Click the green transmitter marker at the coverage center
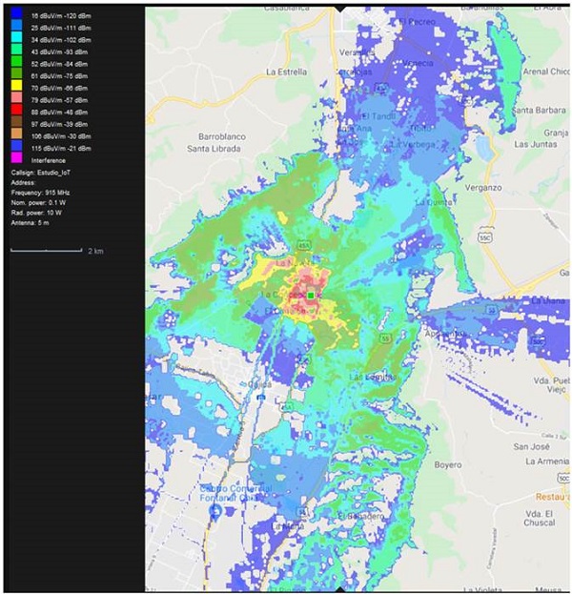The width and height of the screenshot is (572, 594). tap(311, 297)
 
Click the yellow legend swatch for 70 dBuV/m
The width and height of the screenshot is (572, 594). tap(17, 85)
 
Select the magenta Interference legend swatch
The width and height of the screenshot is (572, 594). tap(17, 160)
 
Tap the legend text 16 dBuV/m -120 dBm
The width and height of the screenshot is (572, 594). tap(61, 16)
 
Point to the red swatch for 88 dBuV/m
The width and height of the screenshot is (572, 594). tap(17, 110)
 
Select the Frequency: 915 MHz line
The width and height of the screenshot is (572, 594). tap(46, 192)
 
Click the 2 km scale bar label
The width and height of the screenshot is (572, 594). tap(95, 251)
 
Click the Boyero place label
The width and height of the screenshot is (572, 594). tap(448, 464)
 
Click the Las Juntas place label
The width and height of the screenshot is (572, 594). tap(534, 144)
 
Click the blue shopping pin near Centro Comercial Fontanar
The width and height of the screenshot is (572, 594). tap(216, 511)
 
